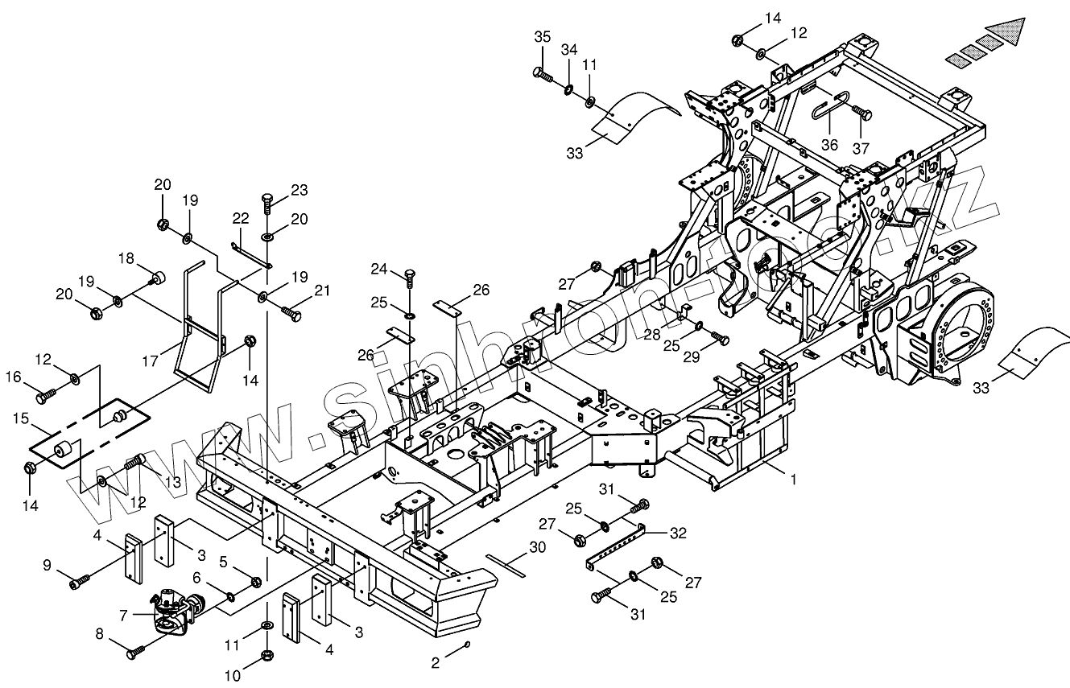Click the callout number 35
coord(542,37)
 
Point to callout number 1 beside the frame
coord(793,480)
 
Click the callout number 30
coord(537,547)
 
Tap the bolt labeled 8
coord(135,653)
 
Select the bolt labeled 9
coord(78,582)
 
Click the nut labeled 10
coord(267,656)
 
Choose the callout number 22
coord(241,218)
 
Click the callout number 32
coord(678,532)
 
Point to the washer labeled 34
coord(568,87)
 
